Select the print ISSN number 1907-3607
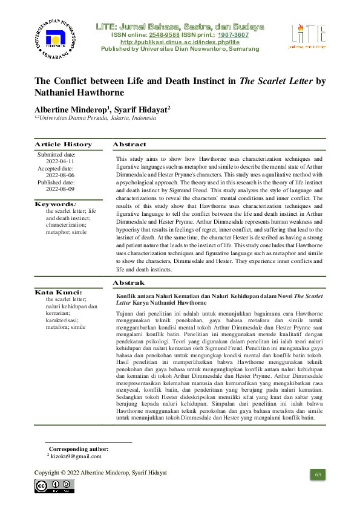[x=233, y=35]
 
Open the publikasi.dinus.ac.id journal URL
[x=180, y=42]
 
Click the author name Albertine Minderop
[x=71, y=109]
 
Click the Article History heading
[x=63, y=144]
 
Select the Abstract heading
[x=129, y=144]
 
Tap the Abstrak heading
[x=128, y=282]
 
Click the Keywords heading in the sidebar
[x=56, y=204]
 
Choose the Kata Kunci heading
[x=58, y=292]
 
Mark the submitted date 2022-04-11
[x=60, y=162]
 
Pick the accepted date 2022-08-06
[x=60, y=175]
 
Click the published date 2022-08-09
[x=60, y=189]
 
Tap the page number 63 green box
[x=317, y=475]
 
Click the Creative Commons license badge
[x=54, y=486]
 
